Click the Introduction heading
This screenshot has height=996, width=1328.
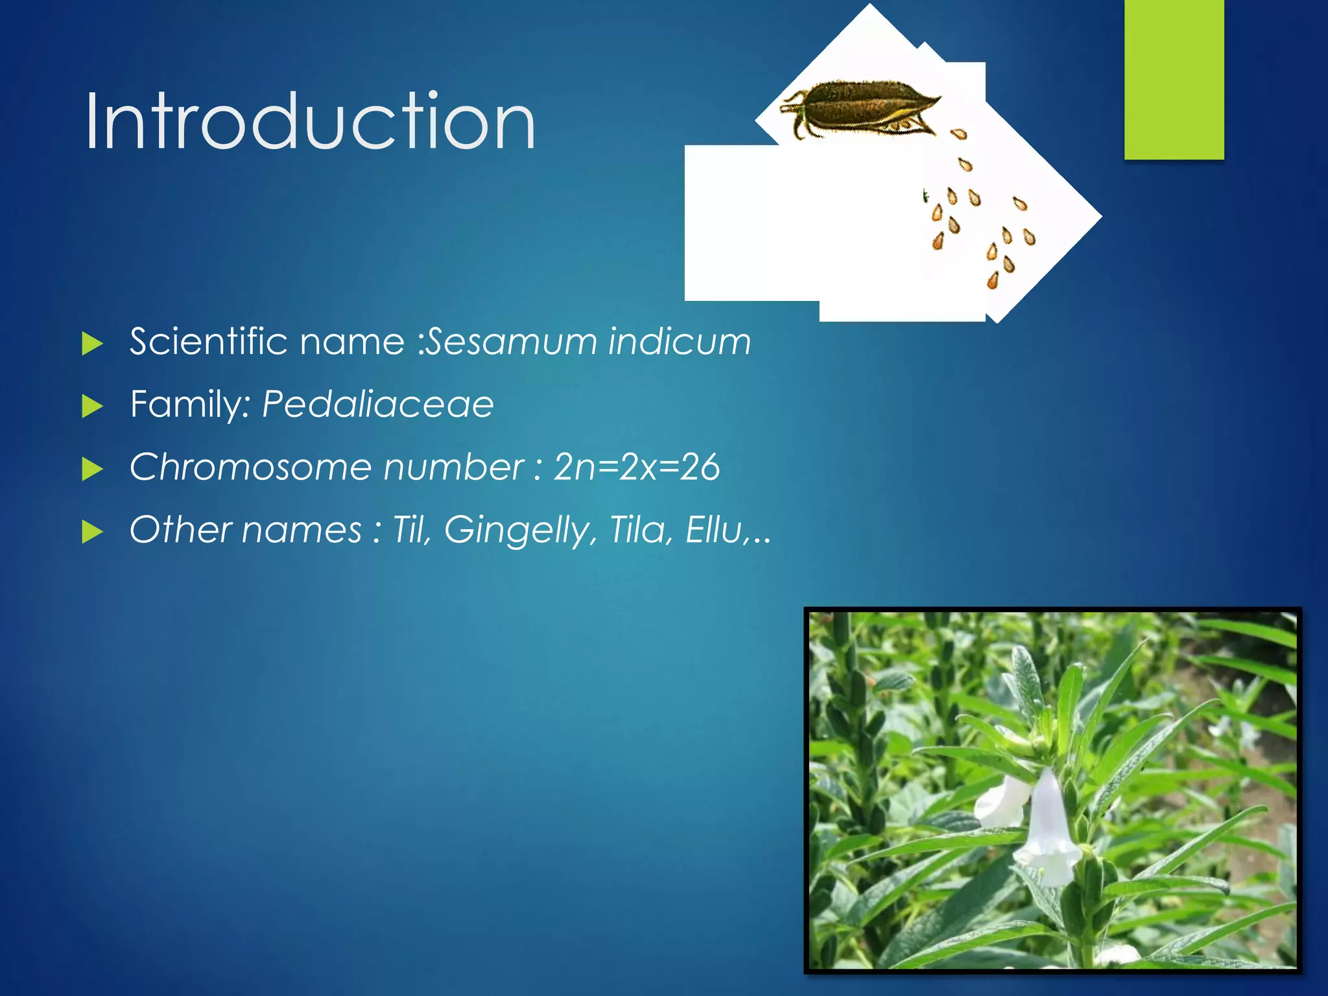coord(310,122)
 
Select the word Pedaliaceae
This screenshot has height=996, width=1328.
coord(377,404)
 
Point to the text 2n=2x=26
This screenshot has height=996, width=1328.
coord(636,467)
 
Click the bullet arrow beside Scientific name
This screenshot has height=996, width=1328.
coord(93,344)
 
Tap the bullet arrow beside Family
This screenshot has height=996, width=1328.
coord(93,407)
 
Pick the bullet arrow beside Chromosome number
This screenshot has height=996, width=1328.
coord(93,469)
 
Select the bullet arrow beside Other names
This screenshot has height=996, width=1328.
coord(93,532)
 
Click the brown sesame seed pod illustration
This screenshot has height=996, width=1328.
coord(859,107)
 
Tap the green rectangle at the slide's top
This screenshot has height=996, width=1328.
coord(1174,78)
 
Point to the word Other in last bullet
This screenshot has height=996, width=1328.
coord(180,530)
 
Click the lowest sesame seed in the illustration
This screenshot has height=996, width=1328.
coord(993,281)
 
